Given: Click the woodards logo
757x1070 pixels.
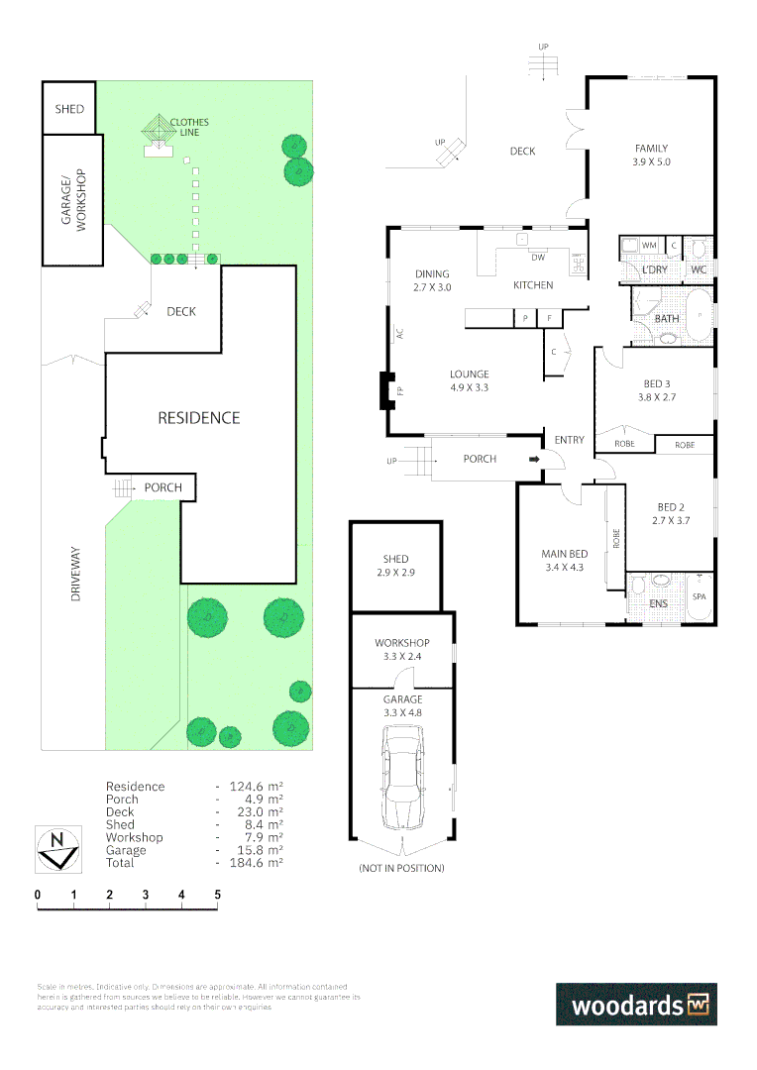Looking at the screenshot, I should [x=635, y=1004].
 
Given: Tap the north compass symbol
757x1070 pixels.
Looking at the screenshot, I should [x=58, y=849].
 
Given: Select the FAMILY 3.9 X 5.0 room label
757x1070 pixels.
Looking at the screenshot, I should [x=652, y=155].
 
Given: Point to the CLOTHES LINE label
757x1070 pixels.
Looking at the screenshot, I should [x=188, y=128].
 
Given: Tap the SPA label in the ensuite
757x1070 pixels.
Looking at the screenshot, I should [x=699, y=596].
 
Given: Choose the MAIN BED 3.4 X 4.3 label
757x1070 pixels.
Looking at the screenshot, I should [x=564, y=560].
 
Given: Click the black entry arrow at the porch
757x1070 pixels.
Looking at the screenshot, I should [x=534, y=459].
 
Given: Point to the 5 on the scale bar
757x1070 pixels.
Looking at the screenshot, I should [x=217, y=895].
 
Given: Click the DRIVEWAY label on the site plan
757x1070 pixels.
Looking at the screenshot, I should [x=75, y=578].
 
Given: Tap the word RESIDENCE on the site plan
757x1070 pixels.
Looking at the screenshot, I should [x=199, y=418].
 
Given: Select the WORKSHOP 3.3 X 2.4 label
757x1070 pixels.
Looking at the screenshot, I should [x=401, y=649].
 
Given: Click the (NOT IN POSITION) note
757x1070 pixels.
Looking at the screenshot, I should [x=401, y=868].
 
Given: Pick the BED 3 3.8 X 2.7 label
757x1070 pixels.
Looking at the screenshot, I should [x=656, y=390].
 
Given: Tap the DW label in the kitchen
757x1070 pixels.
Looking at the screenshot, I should [x=538, y=258].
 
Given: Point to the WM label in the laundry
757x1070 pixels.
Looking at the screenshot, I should [x=649, y=245].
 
